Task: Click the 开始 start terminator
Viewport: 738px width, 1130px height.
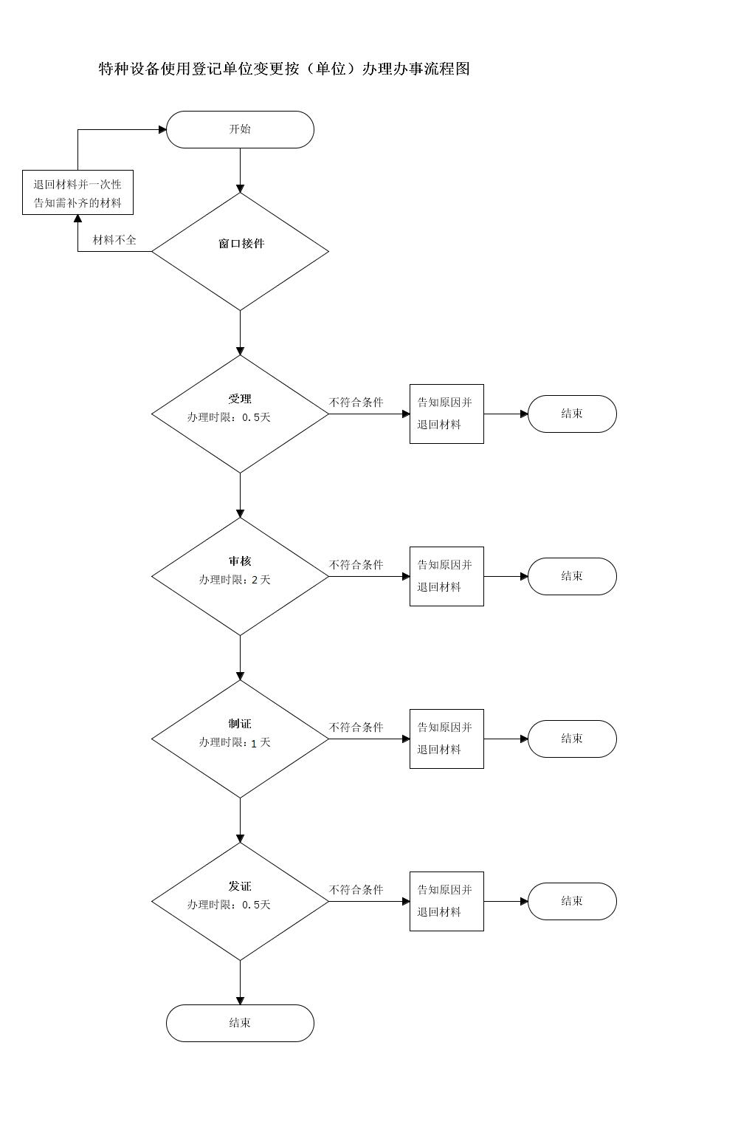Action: coord(240,130)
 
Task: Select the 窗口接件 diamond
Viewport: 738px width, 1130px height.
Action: coord(240,251)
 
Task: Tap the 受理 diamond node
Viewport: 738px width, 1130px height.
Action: coord(240,414)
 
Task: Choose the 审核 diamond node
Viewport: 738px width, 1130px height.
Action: coord(240,577)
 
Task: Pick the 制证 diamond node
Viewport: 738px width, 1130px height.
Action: coord(240,739)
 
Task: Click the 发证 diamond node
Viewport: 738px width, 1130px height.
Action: coord(240,902)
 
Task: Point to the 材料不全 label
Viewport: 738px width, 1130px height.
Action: coord(114,240)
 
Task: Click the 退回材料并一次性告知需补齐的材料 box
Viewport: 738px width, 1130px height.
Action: coord(77,192)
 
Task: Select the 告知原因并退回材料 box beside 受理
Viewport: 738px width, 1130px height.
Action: coord(446,414)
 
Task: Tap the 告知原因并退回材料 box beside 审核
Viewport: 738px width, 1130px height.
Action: coord(446,577)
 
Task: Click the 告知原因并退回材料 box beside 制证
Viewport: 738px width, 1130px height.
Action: coord(446,739)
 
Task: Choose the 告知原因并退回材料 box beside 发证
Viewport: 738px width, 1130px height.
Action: coord(446,902)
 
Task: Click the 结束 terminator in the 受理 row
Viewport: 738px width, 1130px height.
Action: coord(572,414)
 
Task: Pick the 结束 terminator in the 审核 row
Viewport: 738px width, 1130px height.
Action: coord(572,577)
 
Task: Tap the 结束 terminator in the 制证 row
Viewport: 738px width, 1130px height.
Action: coord(572,739)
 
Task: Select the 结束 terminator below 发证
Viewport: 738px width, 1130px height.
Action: coord(240,1023)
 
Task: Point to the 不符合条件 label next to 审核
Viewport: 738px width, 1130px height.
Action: coord(356,565)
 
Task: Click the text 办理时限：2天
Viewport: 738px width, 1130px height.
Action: coord(235,580)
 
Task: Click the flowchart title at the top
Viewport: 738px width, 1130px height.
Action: coord(284,69)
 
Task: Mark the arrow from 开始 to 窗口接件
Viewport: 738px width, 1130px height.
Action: coord(240,171)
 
